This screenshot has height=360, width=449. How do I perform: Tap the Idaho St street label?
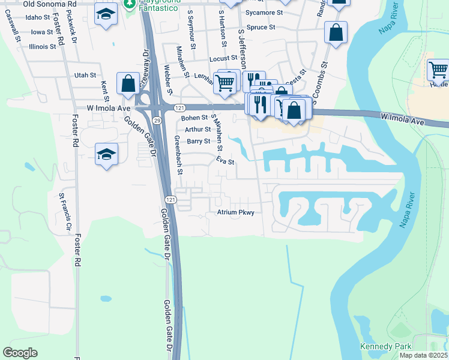(x=38, y=17)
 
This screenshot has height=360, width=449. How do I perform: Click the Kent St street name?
(x=104, y=91)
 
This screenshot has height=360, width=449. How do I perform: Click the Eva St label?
(x=224, y=162)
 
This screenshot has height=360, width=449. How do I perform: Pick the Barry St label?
(x=198, y=142)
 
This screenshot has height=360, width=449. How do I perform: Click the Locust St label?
(x=224, y=59)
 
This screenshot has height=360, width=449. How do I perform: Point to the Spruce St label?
(x=261, y=28)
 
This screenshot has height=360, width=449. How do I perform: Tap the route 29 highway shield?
(x=156, y=121)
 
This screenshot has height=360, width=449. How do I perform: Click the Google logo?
(x=20, y=353)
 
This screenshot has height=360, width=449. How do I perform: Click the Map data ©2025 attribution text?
(x=423, y=355)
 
